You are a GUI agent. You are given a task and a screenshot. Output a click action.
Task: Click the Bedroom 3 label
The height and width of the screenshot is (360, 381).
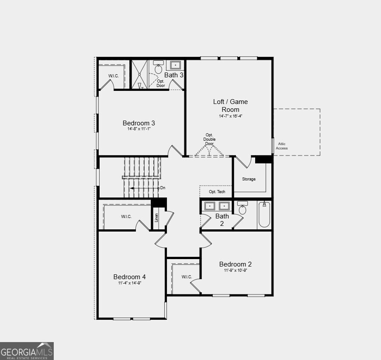pyautogui.click(x=139, y=123)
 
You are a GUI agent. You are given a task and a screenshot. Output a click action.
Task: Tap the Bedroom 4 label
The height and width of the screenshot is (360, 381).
pyautogui.click(x=129, y=277)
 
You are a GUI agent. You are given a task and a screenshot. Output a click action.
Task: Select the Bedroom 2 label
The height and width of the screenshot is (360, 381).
pyautogui.click(x=235, y=264)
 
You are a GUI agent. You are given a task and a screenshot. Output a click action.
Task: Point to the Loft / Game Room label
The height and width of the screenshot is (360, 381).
pyautogui.click(x=230, y=105)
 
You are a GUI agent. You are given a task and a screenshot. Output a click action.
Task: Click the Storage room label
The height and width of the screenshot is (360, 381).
pyautogui.click(x=249, y=179)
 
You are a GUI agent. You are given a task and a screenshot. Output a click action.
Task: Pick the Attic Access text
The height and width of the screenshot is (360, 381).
pyautogui.click(x=282, y=146)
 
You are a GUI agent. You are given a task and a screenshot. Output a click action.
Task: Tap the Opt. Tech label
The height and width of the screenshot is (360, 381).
pyautogui.click(x=217, y=192)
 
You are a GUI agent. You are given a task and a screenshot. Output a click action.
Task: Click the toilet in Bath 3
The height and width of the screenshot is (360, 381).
pyautogui.click(x=158, y=68)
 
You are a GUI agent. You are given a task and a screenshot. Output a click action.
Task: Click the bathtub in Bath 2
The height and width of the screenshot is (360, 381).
pyautogui.click(x=264, y=215)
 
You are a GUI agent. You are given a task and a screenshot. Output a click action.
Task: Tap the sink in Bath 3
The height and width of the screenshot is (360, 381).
pyautogui.click(x=175, y=66)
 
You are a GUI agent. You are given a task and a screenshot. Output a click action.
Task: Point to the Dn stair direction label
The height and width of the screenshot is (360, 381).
pyautogui.click(x=163, y=188)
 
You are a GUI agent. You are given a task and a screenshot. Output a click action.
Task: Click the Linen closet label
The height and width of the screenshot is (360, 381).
pyautogui.click(x=156, y=217)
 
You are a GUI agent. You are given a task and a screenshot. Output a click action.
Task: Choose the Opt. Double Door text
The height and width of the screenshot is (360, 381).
pyautogui.click(x=209, y=139)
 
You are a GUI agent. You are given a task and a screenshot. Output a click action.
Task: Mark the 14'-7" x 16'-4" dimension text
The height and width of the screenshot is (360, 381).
pyautogui.click(x=230, y=116)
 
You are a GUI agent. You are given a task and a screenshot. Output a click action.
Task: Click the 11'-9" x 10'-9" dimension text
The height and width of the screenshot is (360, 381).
pyautogui.click(x=235, y=270)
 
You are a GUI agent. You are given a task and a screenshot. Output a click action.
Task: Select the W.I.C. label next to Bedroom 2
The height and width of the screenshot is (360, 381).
pyautogui.click(x=187, y=277)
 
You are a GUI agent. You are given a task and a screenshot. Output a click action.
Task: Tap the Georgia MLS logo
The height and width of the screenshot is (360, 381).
pyautogui.click(x=27, y=351)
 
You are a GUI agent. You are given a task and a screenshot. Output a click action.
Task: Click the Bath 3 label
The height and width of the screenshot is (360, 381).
pyautogui.click(x=173, y=75)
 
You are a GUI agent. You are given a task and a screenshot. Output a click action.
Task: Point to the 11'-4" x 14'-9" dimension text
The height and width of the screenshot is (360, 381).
pyautogui.click(x=129, y=283)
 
